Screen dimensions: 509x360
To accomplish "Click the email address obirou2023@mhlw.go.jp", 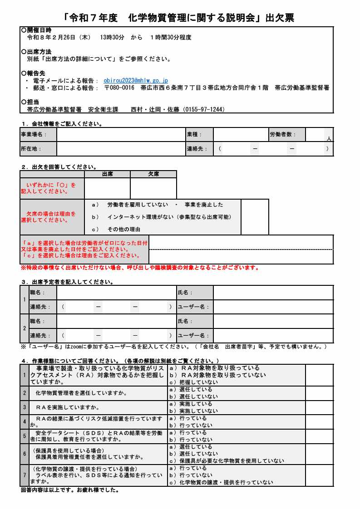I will [136, 80].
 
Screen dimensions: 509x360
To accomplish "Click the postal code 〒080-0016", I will [119, 88].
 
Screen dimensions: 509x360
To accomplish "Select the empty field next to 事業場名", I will [121, 134].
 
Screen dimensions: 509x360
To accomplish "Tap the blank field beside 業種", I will [241, 134].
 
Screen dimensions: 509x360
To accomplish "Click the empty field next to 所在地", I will [121, 148].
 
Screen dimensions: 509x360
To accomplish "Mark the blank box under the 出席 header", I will [107, 188].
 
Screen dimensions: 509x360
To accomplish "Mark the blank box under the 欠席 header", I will [153, 188].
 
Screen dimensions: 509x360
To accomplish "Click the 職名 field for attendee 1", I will [116, 293].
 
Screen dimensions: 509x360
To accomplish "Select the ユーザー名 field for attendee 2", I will [273, 336].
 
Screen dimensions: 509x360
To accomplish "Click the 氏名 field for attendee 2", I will [273, 321].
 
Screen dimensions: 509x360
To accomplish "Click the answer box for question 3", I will [319, 407].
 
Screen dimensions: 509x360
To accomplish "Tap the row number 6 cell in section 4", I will [25, 454].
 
